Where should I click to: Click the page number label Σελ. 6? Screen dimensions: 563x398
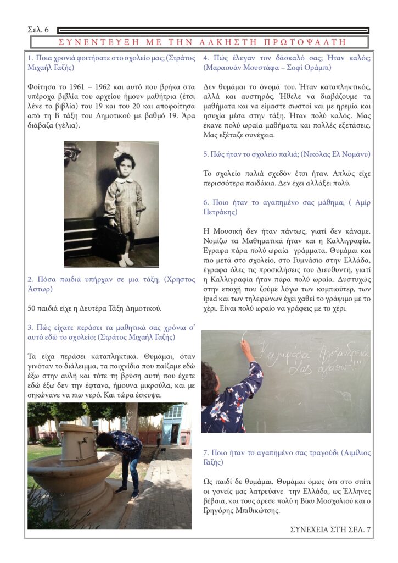tap(38, 29)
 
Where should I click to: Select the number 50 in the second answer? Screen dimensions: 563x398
tap(32, 308)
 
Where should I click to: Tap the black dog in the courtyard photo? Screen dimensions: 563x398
tap(162, 451)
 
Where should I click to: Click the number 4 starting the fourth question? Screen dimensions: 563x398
tap(206, 58)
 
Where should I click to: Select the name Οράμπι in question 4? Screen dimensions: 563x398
tap(319, 68)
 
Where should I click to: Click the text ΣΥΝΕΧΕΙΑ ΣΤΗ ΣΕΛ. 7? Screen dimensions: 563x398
tap(330, 529)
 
